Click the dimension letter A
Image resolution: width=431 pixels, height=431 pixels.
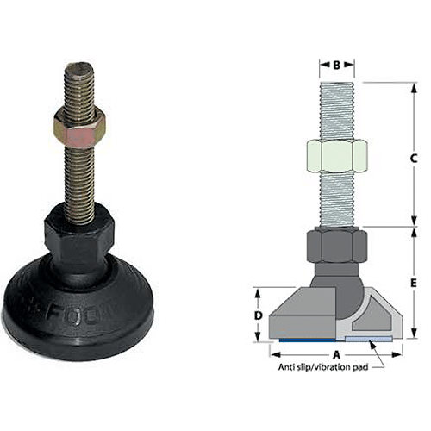point(336,354)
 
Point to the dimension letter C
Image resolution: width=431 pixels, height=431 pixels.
point(415,158)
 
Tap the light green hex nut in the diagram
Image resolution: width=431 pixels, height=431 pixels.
point(337,158)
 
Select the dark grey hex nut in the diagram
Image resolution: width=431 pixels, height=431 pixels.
point(337,247)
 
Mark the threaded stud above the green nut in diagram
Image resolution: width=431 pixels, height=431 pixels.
point(337,108)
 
